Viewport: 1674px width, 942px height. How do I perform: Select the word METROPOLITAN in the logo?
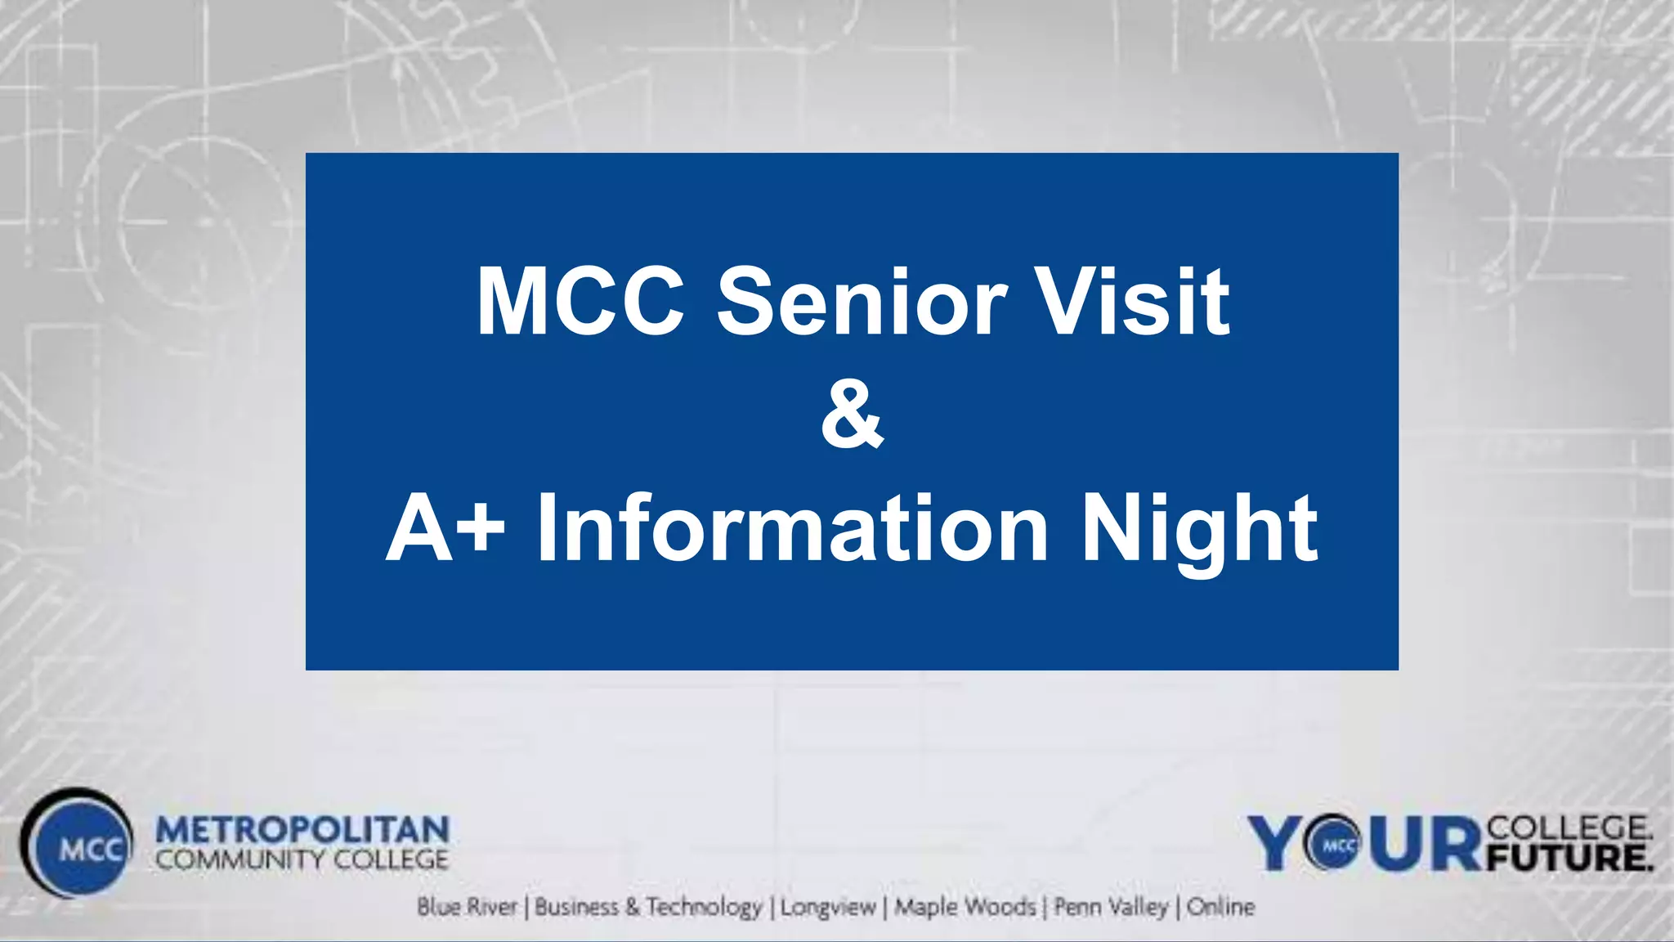[x=302, y=830]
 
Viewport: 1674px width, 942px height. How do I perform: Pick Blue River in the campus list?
[x=467, y=907]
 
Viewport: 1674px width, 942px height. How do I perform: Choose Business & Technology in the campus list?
[x=648, y=907]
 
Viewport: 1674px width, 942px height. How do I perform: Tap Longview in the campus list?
[x=827, y=907]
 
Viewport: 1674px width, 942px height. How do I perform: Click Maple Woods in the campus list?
[x=965, y=907]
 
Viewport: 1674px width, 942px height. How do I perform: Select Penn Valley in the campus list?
[x=1111, y=907]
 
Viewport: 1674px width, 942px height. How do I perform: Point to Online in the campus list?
[x=1220, y=907]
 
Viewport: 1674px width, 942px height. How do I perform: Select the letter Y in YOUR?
[x=1277, y=844]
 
